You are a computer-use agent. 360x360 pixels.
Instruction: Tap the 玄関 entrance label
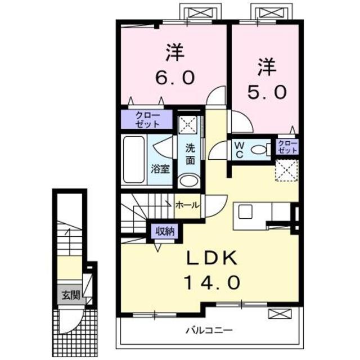click(70, 294)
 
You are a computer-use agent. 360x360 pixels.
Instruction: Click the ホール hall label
click(187, 206)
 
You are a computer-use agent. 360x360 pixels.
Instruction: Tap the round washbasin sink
click(188, 181)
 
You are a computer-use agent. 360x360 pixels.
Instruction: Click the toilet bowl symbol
click(259, 150)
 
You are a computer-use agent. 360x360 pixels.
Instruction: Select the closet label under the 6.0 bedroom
click(147, 119)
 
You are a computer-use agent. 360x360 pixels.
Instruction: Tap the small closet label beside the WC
click(286, 148)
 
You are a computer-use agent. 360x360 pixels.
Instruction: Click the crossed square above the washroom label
click(187, 124)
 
